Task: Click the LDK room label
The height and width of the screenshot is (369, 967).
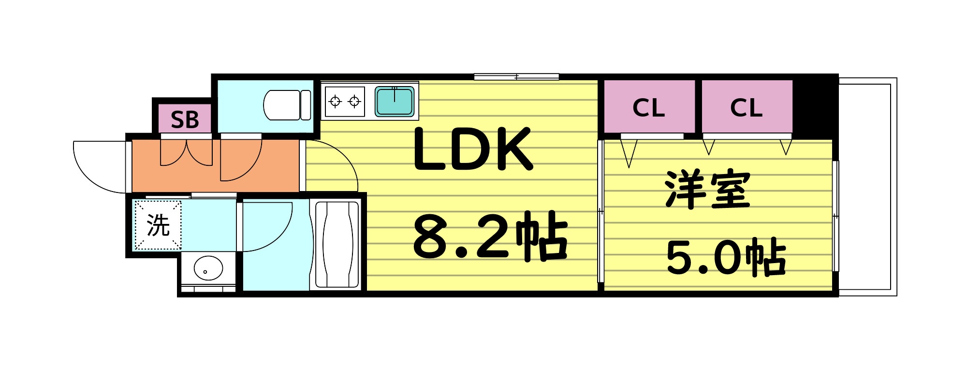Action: point(472,149)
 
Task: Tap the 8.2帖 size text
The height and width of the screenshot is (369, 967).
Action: point(489,236)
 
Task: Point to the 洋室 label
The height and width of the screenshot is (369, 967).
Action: point(707,189)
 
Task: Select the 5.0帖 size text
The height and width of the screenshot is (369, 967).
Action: point(725,257)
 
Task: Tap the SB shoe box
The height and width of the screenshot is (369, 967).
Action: point(184,119)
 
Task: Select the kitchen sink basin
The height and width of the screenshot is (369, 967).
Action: point(395,101)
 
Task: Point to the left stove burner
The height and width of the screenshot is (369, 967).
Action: point(335,101)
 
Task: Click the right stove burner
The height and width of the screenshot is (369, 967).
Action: point(355,101)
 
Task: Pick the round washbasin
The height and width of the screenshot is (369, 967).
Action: point(208,268)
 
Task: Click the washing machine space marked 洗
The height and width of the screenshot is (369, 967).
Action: point(158,225)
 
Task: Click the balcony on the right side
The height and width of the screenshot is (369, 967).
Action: point(867,186)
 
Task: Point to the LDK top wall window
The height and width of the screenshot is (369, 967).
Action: point(516,76)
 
